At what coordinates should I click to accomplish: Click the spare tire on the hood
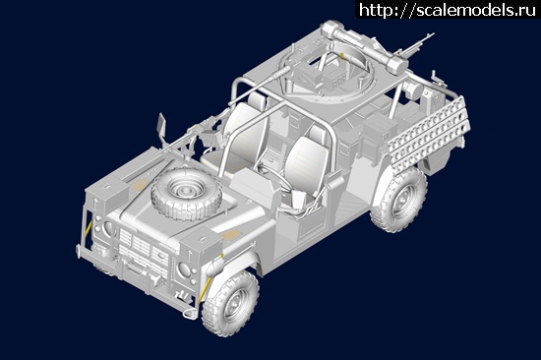(x=187, y=195)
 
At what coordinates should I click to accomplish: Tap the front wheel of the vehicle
(x=230, y=303)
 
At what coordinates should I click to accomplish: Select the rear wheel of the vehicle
(x=398, y=199)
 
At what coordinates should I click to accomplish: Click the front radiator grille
(x=144, y=249)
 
